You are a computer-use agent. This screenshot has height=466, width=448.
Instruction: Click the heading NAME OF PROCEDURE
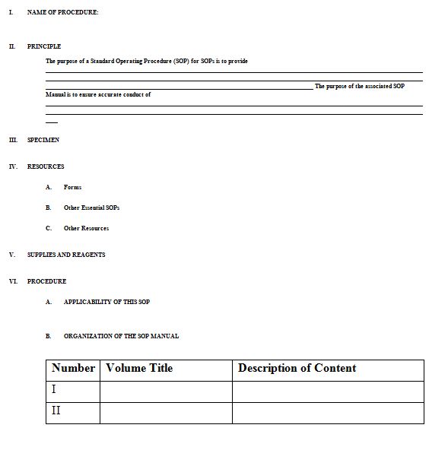pos(62,12)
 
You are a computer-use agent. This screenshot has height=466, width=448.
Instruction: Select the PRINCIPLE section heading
pos(44,46)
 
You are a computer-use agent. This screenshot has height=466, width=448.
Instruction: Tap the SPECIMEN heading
pos(43,140)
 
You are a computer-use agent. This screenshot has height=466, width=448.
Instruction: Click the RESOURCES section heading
pos(46,166)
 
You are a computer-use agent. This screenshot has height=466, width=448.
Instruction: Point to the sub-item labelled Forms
pos(72,187)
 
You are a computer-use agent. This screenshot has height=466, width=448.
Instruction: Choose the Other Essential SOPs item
pos(91,208)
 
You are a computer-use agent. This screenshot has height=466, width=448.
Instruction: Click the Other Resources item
pos(86,228)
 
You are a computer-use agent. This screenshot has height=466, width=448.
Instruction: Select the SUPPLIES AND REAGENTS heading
pos(66,255)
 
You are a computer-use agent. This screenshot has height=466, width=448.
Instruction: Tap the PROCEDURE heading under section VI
pos(46,281)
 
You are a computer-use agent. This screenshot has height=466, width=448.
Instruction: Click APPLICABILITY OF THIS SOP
pos(106,302)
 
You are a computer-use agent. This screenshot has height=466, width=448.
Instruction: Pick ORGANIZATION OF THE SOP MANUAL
pos(121,336)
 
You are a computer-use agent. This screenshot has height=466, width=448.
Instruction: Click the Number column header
pos(73,369)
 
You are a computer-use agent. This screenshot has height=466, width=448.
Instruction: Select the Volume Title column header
pos(139,369)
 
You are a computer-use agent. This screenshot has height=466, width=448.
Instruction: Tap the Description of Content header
pos(297,369)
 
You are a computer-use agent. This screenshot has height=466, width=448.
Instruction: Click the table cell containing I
pos(72,391)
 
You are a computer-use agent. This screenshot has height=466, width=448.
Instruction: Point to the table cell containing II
pos(72,412)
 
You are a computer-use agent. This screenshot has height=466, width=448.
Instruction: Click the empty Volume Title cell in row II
pos(165,412)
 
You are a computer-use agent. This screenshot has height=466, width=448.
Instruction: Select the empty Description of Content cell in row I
pos(327,391)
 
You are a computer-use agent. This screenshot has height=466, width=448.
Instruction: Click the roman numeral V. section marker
pos(11,255)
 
